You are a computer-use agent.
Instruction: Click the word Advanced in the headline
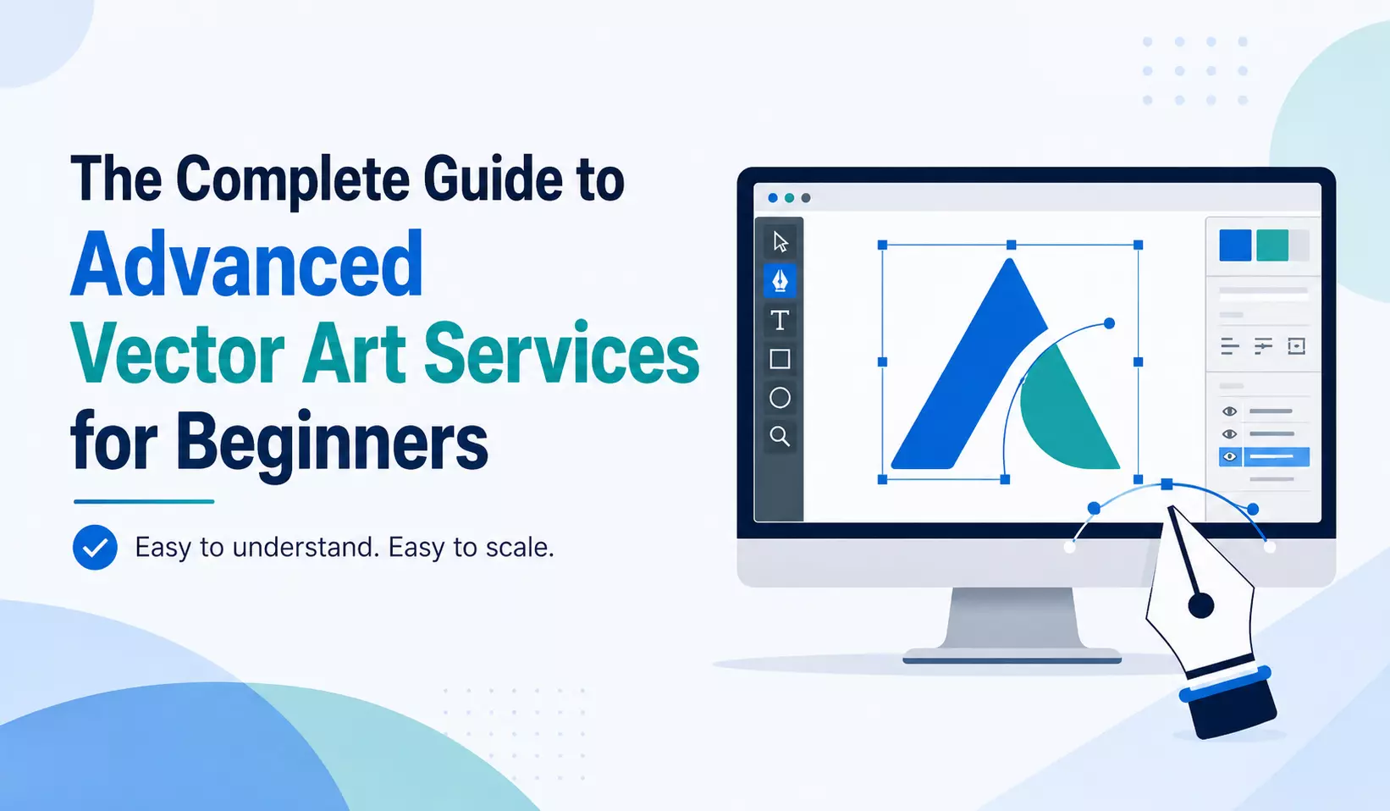[x=247, y=264]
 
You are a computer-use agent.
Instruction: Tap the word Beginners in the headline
[x=332, y=442]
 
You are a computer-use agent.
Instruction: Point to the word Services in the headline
[x=562, y=352]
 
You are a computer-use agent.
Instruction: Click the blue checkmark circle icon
[x=95, y=547]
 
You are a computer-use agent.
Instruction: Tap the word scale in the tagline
[x=520, y=547]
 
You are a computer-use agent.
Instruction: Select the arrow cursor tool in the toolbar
[x=780, y=241]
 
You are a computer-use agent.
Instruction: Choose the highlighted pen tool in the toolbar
[x=780, y=280]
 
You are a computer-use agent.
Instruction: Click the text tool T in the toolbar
[x=780, y=320]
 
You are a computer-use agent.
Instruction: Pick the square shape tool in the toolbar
[x=780, y=359]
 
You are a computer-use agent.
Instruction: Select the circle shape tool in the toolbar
[x=780, y=398]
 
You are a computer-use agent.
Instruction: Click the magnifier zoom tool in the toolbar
[x=780, y=437]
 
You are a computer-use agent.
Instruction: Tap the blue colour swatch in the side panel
[x=1235, y=246]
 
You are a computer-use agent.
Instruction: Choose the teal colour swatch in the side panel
[x=1272, y=246]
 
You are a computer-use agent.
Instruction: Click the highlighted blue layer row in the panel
[x=1264, y=456]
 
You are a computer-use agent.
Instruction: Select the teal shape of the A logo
[x=1067, y=416]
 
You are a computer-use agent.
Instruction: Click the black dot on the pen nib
[x=1200, y=605]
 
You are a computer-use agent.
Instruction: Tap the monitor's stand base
[x=1012, y=656]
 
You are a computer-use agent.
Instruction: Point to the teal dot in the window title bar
[x=789, y=198]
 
